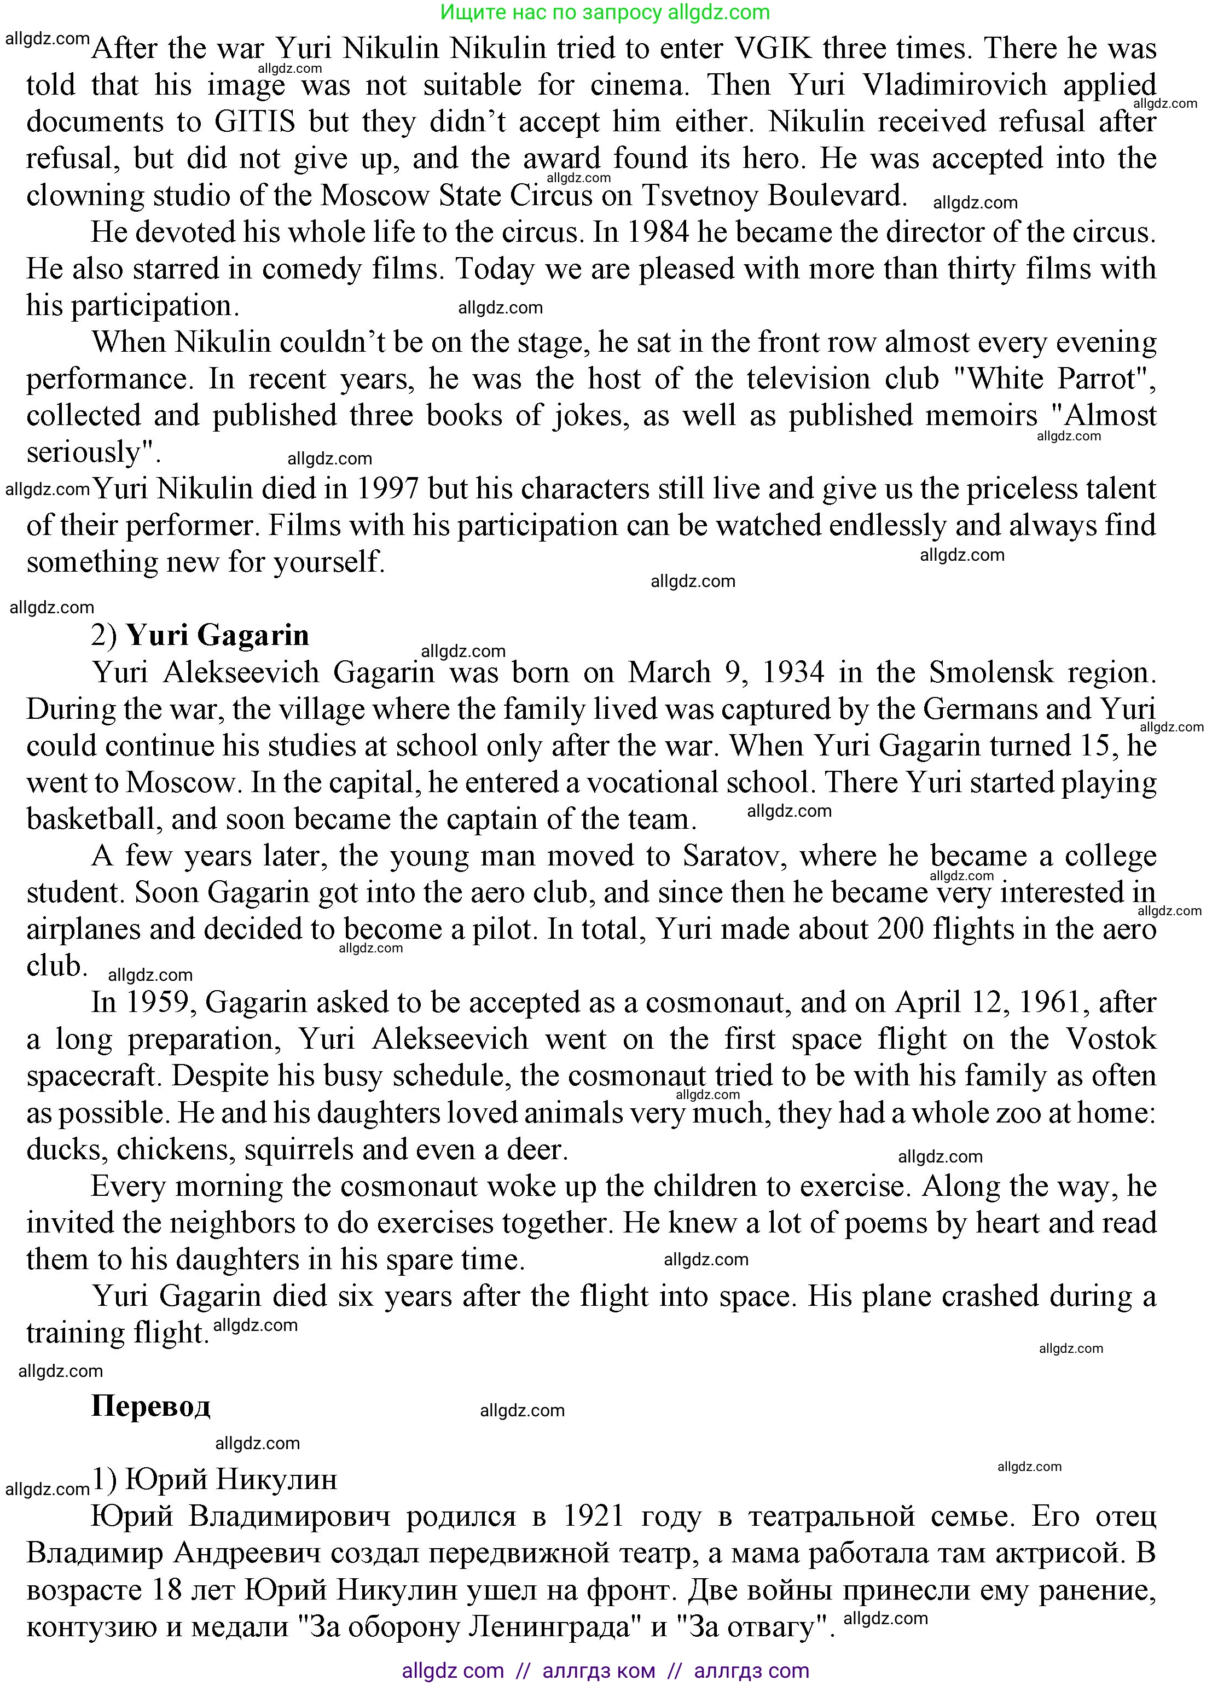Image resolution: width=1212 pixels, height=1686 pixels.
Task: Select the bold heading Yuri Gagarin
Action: point(217,636)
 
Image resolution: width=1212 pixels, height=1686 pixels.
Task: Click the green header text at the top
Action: point(605,12)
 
